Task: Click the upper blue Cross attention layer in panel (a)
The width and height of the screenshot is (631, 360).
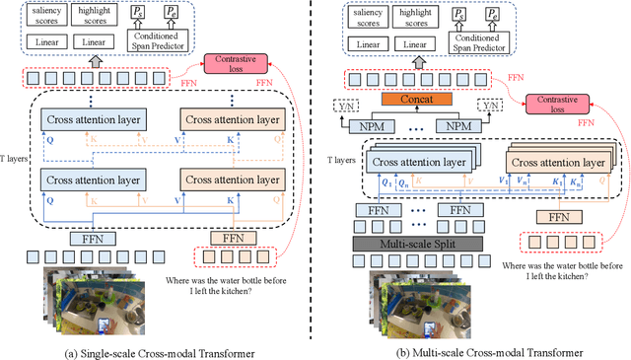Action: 93,119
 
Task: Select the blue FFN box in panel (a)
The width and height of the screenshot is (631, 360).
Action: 93,238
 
